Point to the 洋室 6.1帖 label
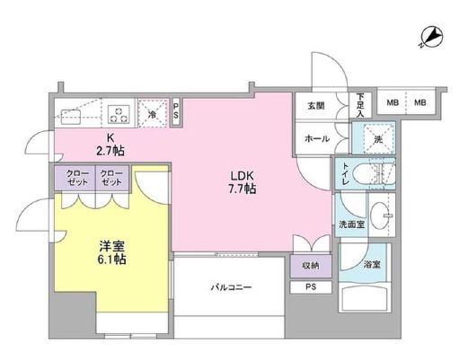111,250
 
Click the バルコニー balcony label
231,287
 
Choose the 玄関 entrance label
315,106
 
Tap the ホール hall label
315,139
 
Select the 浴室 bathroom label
372,266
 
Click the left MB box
393,103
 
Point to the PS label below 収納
310,287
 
